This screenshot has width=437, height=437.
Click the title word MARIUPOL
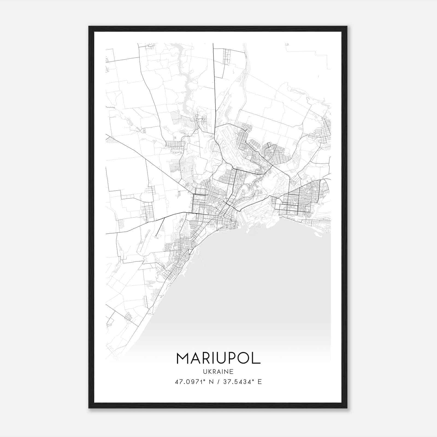218,358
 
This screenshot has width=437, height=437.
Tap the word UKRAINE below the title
218,371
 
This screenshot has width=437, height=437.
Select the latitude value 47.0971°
190,382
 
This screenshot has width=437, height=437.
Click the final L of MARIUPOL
256,358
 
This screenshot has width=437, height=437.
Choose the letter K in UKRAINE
209,371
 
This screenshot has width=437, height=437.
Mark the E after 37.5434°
260,382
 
